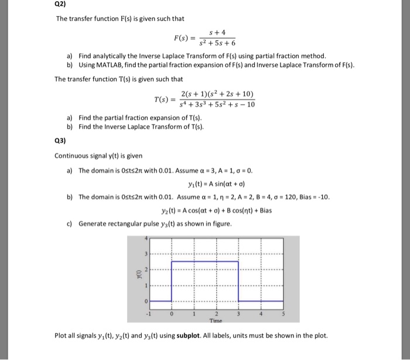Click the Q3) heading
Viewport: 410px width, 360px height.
[61, 141]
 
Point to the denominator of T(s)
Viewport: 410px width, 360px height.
[215, 105]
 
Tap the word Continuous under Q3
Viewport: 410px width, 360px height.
[72, 155]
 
